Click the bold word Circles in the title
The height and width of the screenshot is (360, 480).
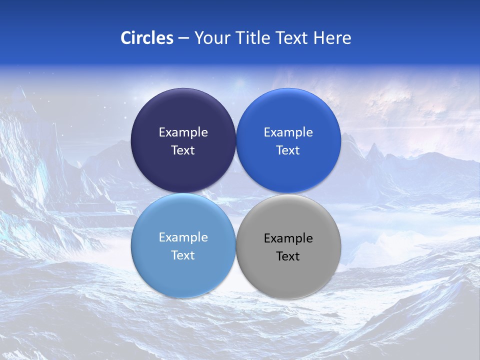[147, 38]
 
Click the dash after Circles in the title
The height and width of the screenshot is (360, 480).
[183, 38]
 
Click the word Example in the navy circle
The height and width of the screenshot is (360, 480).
[183, 132]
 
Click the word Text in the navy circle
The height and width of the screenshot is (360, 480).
[183, 150]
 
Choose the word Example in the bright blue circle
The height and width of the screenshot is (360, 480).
[288, 132]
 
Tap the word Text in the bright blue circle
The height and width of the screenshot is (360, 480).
[288, 150]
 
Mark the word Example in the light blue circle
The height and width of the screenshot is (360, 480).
[183, 237]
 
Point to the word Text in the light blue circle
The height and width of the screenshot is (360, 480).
[183, 255]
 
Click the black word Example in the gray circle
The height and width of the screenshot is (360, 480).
[288, 238]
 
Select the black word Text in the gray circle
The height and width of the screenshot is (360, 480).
[288, 256]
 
